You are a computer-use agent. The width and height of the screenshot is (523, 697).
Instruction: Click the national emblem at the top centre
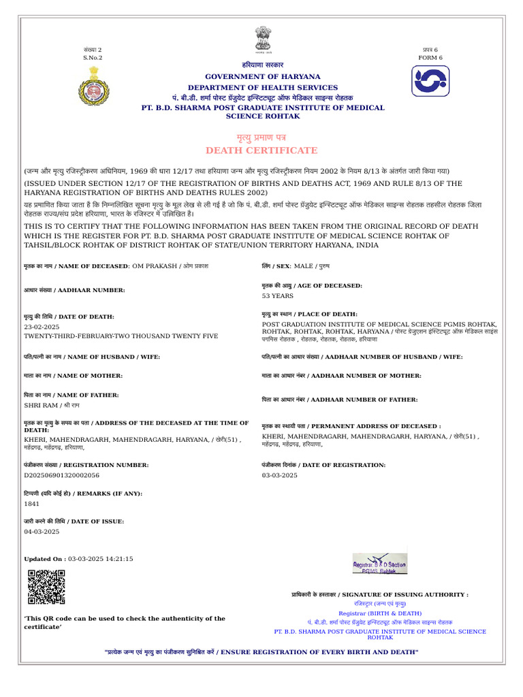262,39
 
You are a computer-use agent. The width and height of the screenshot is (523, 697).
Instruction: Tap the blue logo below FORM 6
430,81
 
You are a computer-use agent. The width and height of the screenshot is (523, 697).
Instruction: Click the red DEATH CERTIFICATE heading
261,150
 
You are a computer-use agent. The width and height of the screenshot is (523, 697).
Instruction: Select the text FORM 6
430,58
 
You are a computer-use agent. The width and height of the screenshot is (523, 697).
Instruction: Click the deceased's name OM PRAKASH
155,265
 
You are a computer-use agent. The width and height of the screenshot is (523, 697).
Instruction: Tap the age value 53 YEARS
278,296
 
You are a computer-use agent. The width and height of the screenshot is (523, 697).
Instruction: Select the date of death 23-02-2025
42,327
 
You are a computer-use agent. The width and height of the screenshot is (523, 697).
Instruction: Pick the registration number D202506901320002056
62,475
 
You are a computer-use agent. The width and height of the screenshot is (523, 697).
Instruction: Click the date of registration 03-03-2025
280,475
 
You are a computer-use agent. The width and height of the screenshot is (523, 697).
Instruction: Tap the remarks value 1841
32,504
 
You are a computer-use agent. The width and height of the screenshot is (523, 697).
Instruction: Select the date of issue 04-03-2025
42,532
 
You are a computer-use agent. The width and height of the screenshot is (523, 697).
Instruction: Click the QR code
46,587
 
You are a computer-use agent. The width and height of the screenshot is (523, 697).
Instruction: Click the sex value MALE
303,265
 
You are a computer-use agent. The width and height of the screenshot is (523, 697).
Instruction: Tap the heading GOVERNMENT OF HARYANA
262,77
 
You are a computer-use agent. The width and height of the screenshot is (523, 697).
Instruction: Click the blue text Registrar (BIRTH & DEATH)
379,613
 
